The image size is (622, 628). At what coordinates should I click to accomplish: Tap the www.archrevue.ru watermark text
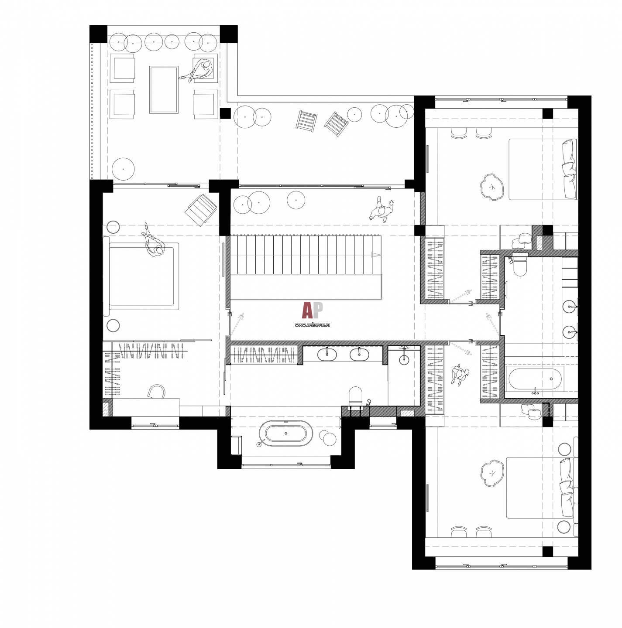[x=312, y=324]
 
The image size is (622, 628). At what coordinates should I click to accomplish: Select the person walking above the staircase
[x=382, y=209]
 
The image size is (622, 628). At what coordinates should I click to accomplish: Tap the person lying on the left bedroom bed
[x=153, y=241]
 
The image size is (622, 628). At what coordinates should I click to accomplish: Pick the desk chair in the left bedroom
[x=156, y=391]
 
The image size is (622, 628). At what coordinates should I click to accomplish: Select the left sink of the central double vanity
[x=327, y=354]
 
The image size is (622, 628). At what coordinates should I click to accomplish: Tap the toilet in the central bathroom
[x=355, y=396]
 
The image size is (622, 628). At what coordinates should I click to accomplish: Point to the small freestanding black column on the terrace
[x=225, y=113]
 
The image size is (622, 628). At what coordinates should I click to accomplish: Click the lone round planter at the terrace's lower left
[x=123, y=169]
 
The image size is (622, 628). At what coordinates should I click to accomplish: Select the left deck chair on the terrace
[x=306, y=121]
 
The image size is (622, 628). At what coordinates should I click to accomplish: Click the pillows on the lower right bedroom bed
[x=566, y=488]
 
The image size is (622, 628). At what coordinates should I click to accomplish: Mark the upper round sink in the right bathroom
[x=570, y=307]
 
